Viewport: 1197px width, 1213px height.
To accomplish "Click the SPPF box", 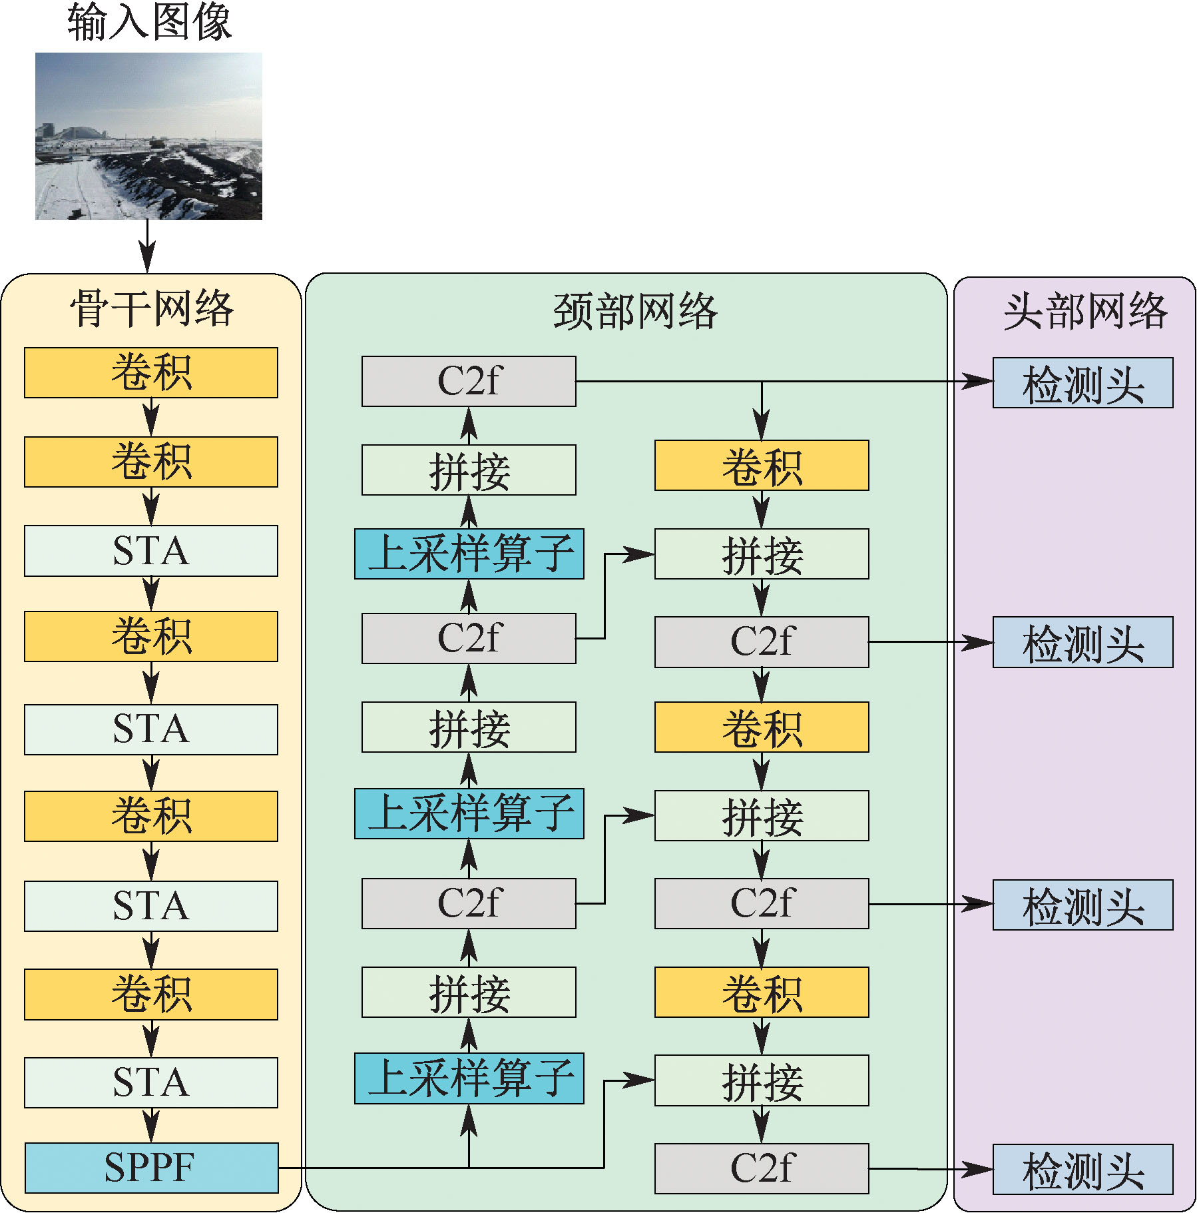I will (x=151, y=1167).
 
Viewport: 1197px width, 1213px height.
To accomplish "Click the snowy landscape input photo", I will (x=148, y=136).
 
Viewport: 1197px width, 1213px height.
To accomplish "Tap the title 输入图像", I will (x=149, y=21).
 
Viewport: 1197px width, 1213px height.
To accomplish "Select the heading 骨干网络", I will (x=152, y=308).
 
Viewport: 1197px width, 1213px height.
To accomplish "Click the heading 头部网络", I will (x=1085, y=311).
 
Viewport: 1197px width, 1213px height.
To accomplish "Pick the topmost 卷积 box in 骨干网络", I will (x=151, y=372).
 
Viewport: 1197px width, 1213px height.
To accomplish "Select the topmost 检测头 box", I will (x=1082, y=383).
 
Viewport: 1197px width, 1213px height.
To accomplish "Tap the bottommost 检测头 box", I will (x=1082, y=1169).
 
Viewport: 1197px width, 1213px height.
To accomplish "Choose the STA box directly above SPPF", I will (x=151, y=1082).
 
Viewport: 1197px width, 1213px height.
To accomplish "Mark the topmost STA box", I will (x=151, y=551).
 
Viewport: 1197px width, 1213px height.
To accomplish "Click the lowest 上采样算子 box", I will (x=469, y=1078).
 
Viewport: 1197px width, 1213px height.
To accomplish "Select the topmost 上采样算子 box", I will (x=469, y=554).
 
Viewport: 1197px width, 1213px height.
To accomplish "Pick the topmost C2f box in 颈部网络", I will (x=469, y=382).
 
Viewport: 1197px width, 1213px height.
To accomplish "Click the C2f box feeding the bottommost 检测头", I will (x=762, y=1168).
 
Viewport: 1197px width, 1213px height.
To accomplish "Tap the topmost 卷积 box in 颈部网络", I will (x=762, y=466).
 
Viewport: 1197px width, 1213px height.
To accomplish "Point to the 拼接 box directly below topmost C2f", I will (x=469, y=470).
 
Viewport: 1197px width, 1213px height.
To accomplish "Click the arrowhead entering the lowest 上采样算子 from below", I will (x=469, y=1118).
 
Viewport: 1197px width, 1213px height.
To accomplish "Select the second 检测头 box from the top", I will (x=1082, y=643).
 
